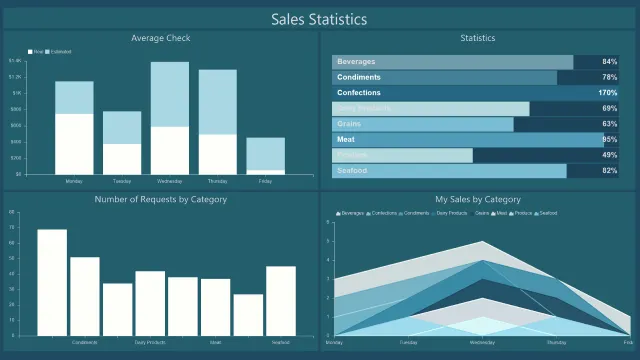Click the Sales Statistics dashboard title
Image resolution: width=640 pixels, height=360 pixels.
pos(320,19)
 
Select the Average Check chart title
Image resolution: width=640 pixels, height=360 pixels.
pos(161,39)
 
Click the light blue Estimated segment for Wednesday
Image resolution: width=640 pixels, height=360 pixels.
pos(170,94)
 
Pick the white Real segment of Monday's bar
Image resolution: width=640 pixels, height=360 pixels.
pos(74,144)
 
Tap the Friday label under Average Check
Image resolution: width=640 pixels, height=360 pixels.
pos(265,182)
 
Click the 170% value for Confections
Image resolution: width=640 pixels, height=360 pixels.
pos(607,93)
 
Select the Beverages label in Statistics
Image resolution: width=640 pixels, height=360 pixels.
pos(357,62)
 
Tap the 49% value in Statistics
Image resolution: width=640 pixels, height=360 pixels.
pos(609,155)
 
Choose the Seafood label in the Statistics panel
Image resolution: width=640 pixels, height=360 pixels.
pos(352,171)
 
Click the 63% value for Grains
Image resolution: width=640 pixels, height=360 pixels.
pos(609,124)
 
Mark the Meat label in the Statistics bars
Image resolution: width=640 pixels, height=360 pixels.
pos(346,140)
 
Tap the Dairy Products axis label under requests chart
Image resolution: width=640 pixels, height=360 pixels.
pos(150,342)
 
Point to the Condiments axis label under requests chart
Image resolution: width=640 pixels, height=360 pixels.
pos(85,342)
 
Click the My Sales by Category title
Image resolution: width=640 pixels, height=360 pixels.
pos(478,199)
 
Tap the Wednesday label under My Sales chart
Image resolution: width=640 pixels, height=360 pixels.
pos(481,342)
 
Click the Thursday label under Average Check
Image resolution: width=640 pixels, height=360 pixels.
pos(217,182)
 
